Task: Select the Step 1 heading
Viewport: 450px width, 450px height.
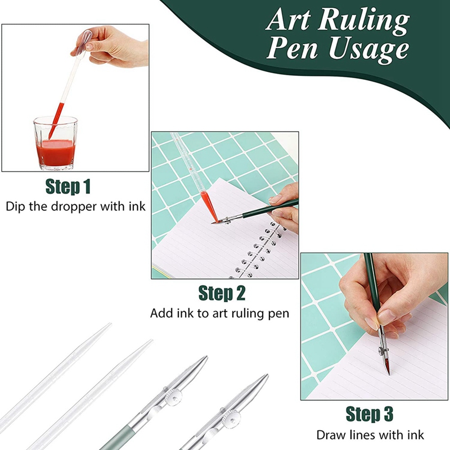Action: tap(67, 186)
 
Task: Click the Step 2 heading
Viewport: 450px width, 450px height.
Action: tap(222, 293)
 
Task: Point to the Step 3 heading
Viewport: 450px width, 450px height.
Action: tap(369, 415)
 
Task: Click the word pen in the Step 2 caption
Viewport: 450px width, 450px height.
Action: tap(279, 313)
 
